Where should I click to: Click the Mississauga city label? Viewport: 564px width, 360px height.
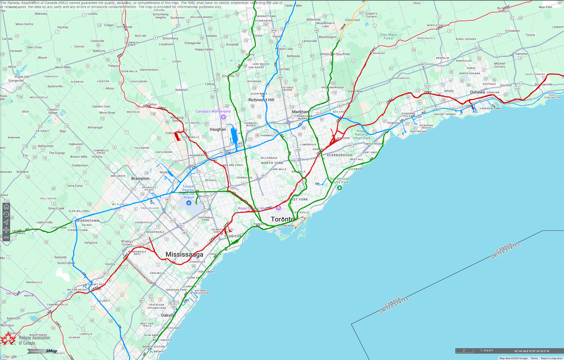pos(184,255)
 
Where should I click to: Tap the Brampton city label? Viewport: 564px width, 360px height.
pos(140,178)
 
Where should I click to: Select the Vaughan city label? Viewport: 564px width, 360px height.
pos(218,130)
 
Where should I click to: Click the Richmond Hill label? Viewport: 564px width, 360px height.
pos(261,100)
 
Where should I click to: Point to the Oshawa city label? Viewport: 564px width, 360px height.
pos(477,92)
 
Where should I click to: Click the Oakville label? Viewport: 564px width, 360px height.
pos(167,315)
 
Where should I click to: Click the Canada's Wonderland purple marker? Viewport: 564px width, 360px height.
pos(223,117)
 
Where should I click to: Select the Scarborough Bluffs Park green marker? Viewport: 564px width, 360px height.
pos(339,188)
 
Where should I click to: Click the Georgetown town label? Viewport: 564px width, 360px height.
pos(88,220)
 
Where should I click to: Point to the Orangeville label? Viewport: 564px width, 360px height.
pos(16,81)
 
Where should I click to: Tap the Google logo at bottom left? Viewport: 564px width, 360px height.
pos(9,356)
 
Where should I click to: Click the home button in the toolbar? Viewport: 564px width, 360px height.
pos(6,207)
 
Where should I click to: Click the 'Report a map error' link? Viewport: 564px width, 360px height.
pos(552,358)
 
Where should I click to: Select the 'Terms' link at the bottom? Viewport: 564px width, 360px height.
pos(534,358)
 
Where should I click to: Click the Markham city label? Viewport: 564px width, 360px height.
pos(301,112)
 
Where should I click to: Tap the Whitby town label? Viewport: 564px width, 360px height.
pos(449,91)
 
